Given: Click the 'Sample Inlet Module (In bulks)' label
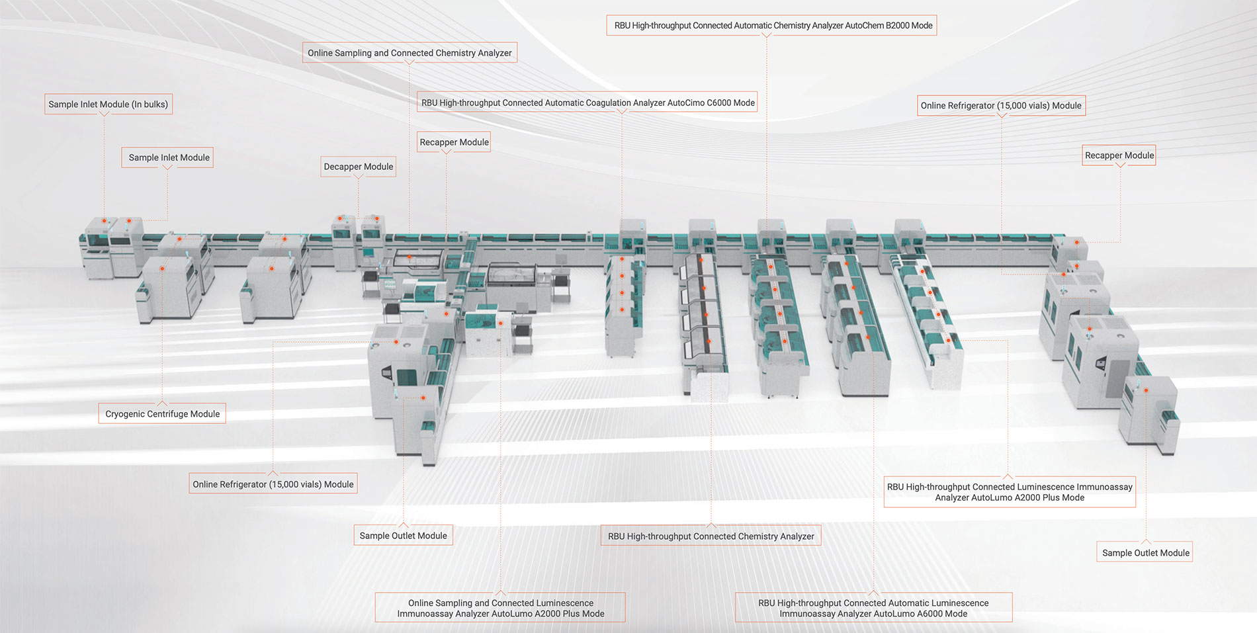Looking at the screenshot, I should pyautogui.click(x=108, y=105).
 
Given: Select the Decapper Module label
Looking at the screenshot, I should pyautogui.click(x=359, y=167).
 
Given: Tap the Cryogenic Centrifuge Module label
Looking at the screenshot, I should pyautogui.click(x=162, y=414).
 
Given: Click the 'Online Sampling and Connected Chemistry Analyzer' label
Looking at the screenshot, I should pyautogui.click(x=410, y=53).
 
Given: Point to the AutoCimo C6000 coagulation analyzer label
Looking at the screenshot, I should pyautogui.click(x=588, y=103).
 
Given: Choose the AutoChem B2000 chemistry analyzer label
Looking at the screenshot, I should pyautogui.click(x=771, y=26).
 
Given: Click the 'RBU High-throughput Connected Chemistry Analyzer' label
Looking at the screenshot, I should pyautogui.click(x=711, y=536).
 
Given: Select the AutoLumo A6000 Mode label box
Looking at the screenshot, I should pyautogui.click(x=873, y=608).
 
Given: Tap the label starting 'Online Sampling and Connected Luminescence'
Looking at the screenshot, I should pyautogui.click(x=500, y=608).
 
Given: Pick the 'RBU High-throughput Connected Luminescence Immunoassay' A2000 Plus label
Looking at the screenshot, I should pyautogui.click(x=1010, y=492).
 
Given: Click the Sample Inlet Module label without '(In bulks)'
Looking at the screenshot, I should pyautogui.click(x=168, y=157).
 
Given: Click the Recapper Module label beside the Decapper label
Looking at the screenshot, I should pyautogui.click(x=454, y=142).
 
